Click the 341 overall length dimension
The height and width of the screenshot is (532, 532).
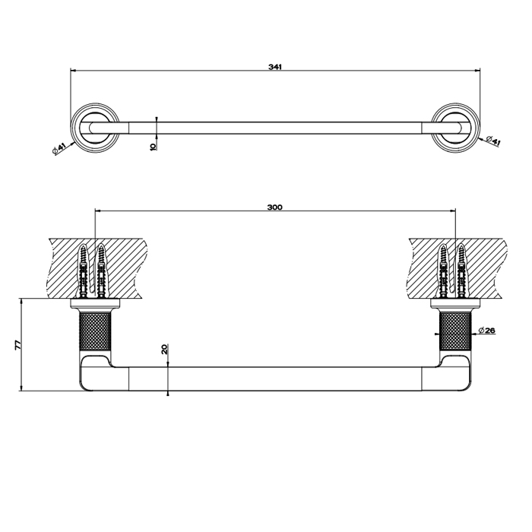(x=275, y=67)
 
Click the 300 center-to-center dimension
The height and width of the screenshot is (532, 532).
(x=275, y=207)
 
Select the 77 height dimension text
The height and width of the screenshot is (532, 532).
(x=17, y=345)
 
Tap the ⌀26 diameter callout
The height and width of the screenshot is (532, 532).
(x=489, y=331)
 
